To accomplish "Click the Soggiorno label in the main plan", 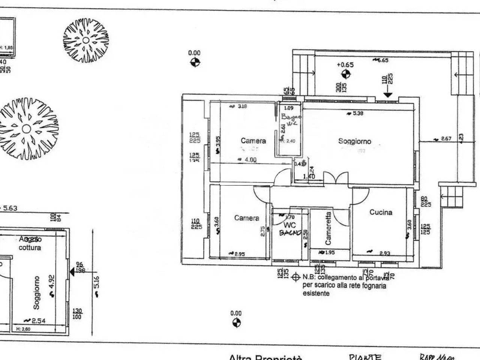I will (x=354, y=141).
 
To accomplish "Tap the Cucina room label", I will (x=381, y=212).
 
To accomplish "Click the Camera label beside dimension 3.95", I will (x=253, y=141).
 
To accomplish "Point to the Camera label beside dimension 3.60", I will (x=246, y=218).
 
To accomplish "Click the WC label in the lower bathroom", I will (x=290, y=225).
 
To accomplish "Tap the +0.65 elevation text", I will (x=345, y=64).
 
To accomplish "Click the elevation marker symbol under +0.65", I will (x=346, y=74).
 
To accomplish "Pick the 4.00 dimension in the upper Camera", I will (x=250, y=160).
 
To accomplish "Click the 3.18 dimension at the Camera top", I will (x=243, y=106).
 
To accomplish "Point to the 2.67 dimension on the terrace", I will (x=446, y=139).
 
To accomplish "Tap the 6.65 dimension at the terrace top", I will (x=382, y=60).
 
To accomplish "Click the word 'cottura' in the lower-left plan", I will (x=30, y=248).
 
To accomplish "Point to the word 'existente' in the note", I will (x=316, y=294).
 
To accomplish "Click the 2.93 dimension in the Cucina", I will (x=384, y=253).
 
